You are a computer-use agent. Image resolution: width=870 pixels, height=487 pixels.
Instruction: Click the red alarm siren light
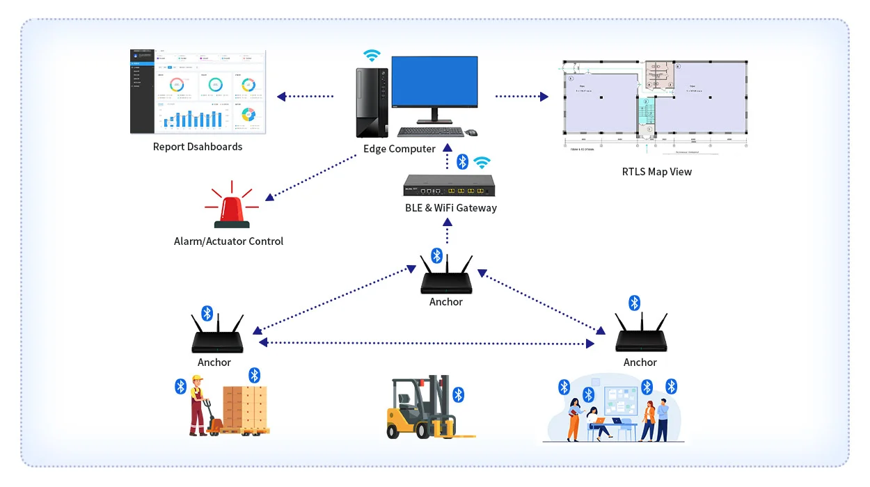(232, 211)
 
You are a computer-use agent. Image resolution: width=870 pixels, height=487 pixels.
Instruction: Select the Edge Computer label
(400, 149)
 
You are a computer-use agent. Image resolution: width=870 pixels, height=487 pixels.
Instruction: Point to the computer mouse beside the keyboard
(471, 132)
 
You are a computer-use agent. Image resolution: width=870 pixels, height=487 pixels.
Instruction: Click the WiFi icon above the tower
(372, 56)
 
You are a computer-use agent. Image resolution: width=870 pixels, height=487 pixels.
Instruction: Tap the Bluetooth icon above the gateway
(462, 162)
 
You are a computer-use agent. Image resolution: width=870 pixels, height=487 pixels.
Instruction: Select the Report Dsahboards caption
(198, 147)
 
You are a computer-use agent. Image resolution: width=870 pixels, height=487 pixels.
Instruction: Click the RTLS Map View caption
(656, 172)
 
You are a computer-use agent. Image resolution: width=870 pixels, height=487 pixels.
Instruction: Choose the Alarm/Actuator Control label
(228, 241)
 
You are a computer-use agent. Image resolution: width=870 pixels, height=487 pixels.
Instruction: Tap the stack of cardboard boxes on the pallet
(244, 408)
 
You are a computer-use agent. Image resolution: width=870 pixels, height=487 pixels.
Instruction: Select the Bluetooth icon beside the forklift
(458, 395)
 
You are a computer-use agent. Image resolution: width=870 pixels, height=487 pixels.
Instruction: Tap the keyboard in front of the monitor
(430, 131)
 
